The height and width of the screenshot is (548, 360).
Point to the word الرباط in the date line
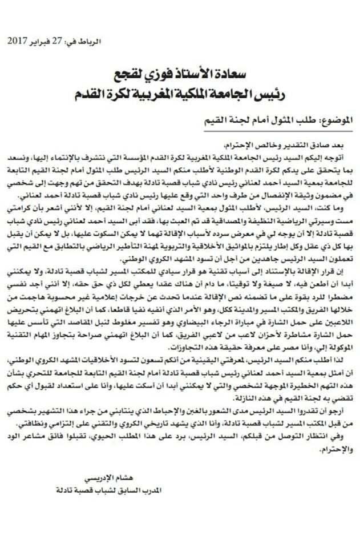click(91, 42)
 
